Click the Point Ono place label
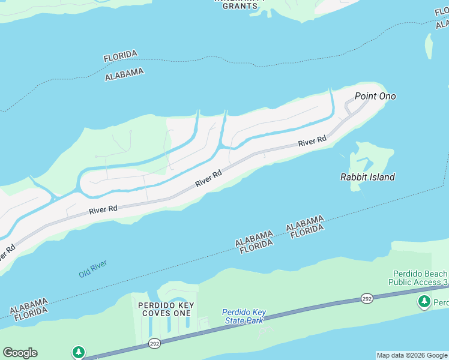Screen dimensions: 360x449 (x=375, y=96)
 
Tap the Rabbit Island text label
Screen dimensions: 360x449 (x=367, y=177)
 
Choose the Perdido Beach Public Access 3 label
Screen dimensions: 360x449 (x=418, y=277)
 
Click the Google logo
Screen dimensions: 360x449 (x=20, y=353)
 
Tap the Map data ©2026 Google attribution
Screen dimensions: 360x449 (x=412, y=355)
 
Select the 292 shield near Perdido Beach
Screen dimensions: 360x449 (x=367, y=298)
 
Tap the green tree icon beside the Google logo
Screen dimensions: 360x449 (x=78, y=352)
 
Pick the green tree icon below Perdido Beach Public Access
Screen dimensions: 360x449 (x=425, y=301)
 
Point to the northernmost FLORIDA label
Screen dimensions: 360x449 (x=120, y=56)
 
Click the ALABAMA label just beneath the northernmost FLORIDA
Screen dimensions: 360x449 (x=124, y=74)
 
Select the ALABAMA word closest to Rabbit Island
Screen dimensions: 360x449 (x=305, y=222)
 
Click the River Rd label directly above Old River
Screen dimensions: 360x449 (x=103, y=210)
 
